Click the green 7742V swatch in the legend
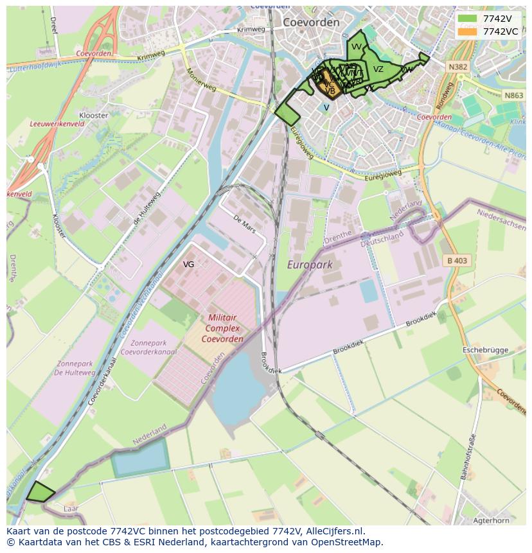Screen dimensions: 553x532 coord(468,19)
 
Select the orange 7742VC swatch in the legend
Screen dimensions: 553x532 coord(468,31)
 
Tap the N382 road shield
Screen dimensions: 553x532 coord(458,67)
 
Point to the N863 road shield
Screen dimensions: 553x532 coord(513,95)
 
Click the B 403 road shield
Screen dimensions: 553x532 coord(456,260)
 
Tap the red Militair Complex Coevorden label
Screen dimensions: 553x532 coord(222,328)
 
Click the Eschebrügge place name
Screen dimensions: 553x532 coord(488,350)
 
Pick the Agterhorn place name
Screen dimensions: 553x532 coord(490,520)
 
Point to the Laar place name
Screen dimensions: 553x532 coord(71,508)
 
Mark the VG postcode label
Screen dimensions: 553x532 coord(188,264)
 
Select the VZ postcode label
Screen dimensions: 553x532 coord(378,69)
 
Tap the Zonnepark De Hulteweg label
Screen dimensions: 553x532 coord(75,368)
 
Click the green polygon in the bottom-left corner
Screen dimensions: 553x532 coord(40,492)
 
